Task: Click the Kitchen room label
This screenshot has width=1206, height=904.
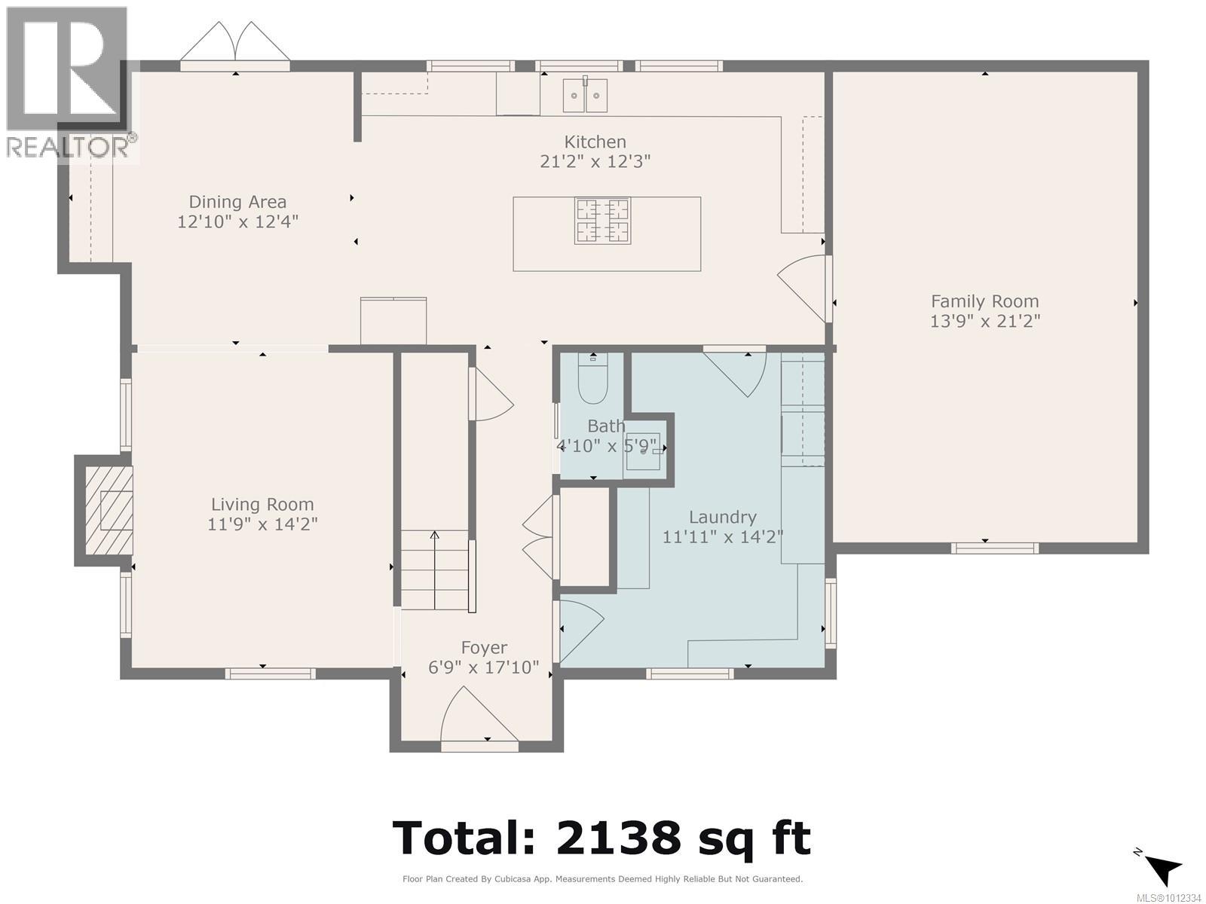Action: click(x=595, y=142)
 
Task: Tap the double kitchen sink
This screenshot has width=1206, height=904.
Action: click(x=586, y=95)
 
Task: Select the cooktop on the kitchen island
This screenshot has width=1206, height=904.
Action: click(x=602, y=221)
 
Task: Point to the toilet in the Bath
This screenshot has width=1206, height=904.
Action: click(x=593, y=383)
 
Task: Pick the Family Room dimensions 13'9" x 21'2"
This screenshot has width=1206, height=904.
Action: click(x=984, y=321)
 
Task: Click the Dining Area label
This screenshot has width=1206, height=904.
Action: click(x=237, y=202)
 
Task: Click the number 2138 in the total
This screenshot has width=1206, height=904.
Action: click(x=614, y=838)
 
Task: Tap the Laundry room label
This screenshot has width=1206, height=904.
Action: click(x=722, y=518)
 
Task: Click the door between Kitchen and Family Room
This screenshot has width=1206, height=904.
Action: click(x=805, y=286)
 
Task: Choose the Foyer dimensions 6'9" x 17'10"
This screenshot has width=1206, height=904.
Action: click(x=484, y=667)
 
